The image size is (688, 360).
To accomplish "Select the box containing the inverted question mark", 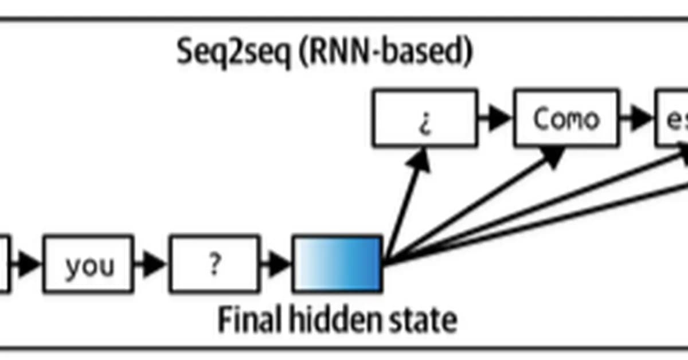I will (425, 118).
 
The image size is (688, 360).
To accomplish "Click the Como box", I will (565, 118).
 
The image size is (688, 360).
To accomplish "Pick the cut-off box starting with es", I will (673, 118).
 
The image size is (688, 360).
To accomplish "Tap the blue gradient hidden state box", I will (337, 264).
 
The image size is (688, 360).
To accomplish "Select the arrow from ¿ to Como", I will (495, 118).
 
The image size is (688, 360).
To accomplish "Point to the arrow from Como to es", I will (637, 118).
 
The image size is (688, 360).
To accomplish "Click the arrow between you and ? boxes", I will (151, 264).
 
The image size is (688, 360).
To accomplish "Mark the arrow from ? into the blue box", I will (276, 264).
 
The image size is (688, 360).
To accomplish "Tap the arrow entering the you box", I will (26, 264).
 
